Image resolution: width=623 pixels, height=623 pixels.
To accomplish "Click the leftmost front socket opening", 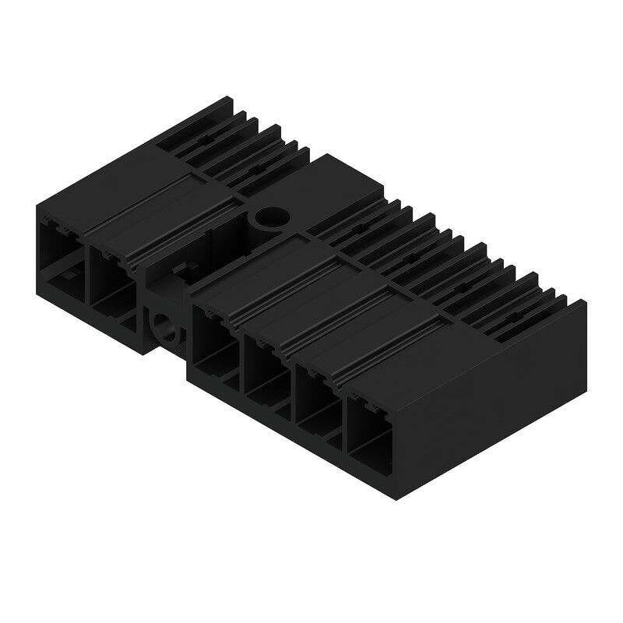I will [x=60, y=257].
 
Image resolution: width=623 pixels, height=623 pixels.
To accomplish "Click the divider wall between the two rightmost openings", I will [x=343, y=413].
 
